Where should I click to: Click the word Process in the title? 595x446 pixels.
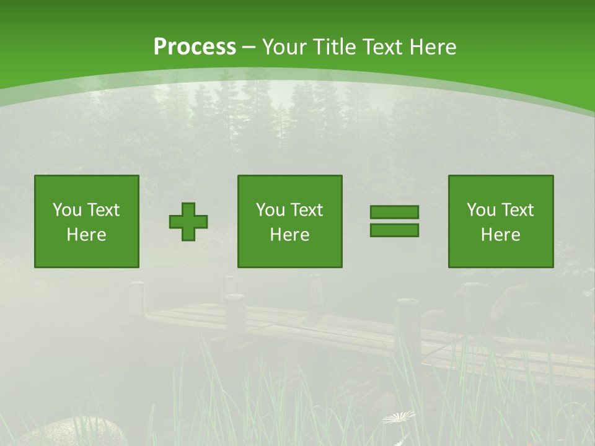click(x=195, y=47)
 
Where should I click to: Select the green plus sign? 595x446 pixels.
click(x=188, y=221)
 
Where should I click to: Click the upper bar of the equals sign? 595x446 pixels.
click(x=394, y=212)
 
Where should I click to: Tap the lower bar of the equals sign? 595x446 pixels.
click(x=394, y=230)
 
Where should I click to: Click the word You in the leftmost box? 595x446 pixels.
click(x=67, y=210)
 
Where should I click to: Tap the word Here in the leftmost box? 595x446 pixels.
click(x=86, y=235)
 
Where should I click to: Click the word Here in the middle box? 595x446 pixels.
click(x=289, y=235)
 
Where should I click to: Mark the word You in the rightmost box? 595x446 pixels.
click(x=481, y=210)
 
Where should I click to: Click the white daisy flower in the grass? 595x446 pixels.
click(x=399, y=418)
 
